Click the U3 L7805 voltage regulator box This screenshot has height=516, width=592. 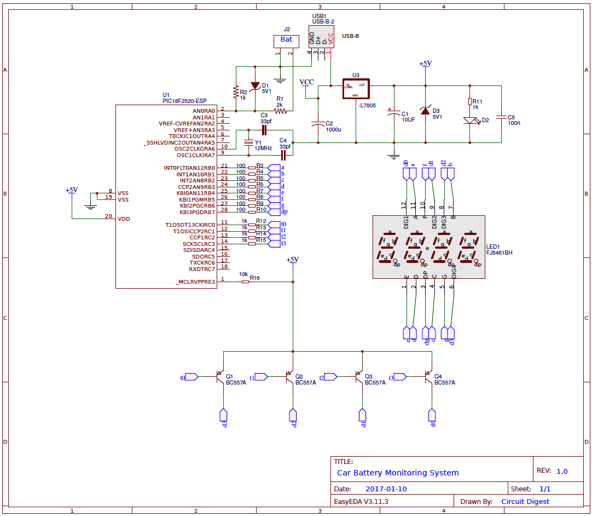point(356,88)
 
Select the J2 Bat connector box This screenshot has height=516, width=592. point(286,41)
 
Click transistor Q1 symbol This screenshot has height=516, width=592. point(219,377)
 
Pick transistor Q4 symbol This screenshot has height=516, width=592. point(428,377)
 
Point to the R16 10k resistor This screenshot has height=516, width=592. point(245,282)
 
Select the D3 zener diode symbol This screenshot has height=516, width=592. point(425,111)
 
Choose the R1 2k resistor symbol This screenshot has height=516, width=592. point(280,111)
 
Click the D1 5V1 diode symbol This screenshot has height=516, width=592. point(255,86)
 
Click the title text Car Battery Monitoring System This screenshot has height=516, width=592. point(398,473)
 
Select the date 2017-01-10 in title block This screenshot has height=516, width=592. point(386,489)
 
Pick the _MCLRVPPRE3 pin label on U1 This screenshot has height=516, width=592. point(195,282)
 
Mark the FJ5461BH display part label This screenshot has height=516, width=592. point(500,253)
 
